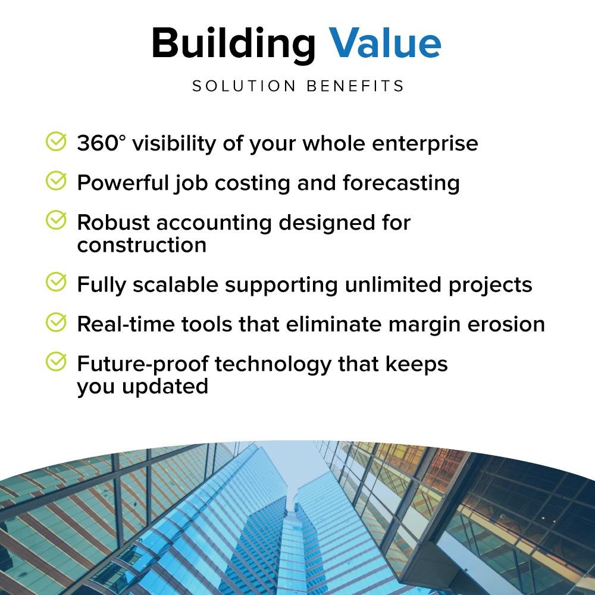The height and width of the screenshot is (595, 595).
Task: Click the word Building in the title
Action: [233, 45]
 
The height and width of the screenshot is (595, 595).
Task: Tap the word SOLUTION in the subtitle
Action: [243, 86]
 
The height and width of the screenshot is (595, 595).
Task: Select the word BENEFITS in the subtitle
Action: [355, 86]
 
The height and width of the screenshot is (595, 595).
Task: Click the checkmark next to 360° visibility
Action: [56, 142]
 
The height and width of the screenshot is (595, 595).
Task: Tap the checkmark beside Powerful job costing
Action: [56, 181]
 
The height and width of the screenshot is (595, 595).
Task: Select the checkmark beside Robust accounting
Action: [56, 220]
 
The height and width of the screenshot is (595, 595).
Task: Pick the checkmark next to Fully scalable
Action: [56, 282]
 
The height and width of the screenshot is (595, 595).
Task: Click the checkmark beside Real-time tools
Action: [56, 322]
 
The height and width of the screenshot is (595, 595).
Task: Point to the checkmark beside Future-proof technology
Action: [56, 362]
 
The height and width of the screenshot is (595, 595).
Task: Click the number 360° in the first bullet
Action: [101, 143]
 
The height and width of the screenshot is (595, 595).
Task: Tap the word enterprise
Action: [425, 144]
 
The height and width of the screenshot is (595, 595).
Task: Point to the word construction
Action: [142, 245]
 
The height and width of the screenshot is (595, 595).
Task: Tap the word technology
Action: [273, 365]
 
